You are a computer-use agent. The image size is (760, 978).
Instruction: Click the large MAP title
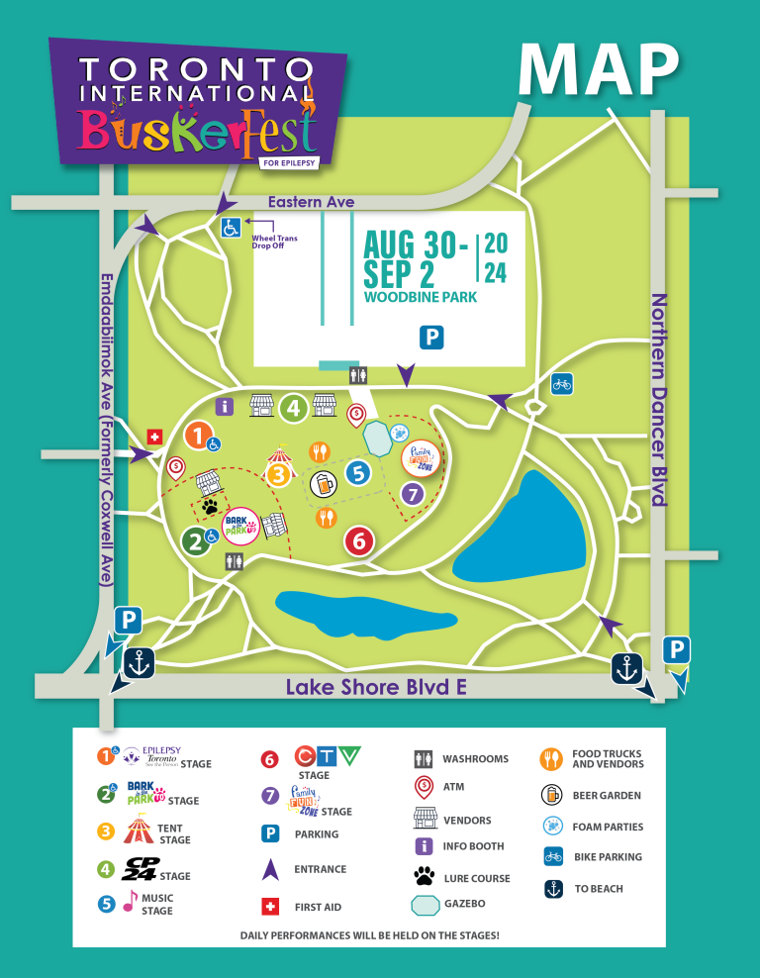click(x=599, y=70)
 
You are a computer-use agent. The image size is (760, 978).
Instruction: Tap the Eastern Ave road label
click(x=311, y=202)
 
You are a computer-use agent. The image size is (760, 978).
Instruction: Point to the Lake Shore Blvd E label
click(x=376, y=687)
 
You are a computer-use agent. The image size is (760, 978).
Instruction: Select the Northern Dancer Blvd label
click(x=659, y=400)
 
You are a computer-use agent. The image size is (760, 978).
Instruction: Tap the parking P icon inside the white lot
click(x=430, y=338)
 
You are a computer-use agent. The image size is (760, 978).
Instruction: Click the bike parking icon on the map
click(x=561, y=383)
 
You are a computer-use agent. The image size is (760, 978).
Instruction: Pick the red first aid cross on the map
click(x=153, y=437)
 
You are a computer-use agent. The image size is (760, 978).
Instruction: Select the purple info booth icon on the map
click(x=225, y=406)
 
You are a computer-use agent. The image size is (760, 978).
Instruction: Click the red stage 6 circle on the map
click(x=359, y=540)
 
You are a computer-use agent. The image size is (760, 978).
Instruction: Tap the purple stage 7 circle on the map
click(x=413, y=492)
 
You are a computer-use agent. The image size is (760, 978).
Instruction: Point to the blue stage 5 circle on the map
click(x=358, y=473)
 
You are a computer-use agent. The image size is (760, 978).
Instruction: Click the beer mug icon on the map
click(x=323, y=484)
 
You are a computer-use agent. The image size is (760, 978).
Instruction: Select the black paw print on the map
click(x=211, y=507)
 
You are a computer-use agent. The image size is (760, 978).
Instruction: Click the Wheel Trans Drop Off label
click(x=274, y=242)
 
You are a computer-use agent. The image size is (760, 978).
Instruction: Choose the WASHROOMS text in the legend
click(x=475, y=759)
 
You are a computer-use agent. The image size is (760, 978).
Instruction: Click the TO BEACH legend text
click(x=599, y=889)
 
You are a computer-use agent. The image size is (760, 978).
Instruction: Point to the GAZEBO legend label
click(x=464, y=904)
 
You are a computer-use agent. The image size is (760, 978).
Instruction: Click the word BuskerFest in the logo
click(x=198, y=131)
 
